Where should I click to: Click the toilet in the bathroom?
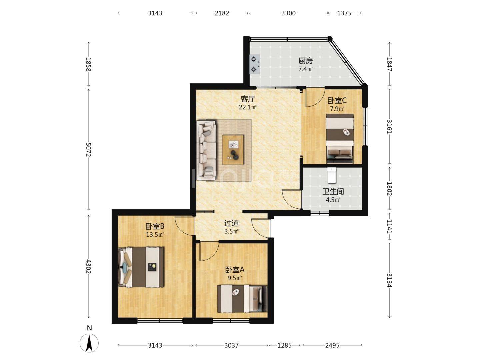point(331,175)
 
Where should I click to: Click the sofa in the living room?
point(206,150)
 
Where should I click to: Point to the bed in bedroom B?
point(141,267)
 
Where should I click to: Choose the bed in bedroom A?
point(242,299)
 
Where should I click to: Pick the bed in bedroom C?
point(340,139)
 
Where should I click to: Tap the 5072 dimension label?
point(88,150)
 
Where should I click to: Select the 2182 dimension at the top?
point(222,13)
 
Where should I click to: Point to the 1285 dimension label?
point(285,345)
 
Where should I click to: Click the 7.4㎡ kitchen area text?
point(305,69)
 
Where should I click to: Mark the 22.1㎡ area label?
point(248,107)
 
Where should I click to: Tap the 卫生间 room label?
point(333,191)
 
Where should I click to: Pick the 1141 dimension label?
point(389,226)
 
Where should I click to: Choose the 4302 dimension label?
point(88,266)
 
